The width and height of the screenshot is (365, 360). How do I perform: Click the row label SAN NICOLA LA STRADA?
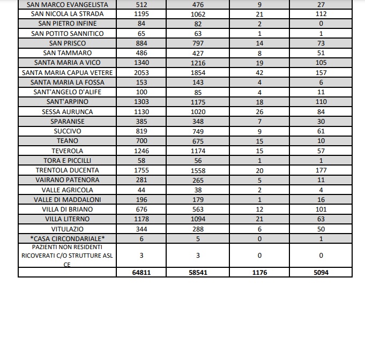tap(68, 14)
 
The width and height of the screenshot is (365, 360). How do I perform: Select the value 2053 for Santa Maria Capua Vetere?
tap(141, 72)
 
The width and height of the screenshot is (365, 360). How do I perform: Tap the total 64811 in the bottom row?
tap(141, 273)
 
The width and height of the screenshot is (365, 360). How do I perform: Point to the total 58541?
tap(198, 273)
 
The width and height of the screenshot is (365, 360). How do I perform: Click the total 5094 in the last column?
tap(321, 273)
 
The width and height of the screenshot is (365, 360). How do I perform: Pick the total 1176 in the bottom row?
tap(259, 273)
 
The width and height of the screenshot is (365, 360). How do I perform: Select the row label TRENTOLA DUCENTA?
tap(68, 170)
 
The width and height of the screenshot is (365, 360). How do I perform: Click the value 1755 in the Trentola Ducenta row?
tap(141, 170)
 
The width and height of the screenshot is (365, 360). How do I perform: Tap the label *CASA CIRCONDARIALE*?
tap(68, 238)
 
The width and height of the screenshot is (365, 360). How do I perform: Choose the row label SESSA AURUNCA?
tap(68, 111)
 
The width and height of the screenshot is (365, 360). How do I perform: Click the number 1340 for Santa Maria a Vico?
tap(141, 63)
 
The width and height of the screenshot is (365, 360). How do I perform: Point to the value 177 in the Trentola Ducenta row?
tap(321, 170)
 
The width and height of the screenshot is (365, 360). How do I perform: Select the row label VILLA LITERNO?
tap(68, 219)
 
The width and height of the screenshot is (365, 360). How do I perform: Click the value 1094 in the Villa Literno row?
tap(198, 219)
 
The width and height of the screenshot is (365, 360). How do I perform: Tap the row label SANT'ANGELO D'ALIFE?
tap(68, 92)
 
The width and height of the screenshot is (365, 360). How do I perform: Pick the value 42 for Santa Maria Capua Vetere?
tap(259, 72)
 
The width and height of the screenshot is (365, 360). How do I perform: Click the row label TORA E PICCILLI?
tap(68, 161)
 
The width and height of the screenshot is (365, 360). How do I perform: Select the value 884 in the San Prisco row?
tap(141, 43)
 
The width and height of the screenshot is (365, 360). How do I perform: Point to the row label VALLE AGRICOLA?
tap(68, 190)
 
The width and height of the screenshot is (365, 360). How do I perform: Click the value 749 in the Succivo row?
tap(198, 131)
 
